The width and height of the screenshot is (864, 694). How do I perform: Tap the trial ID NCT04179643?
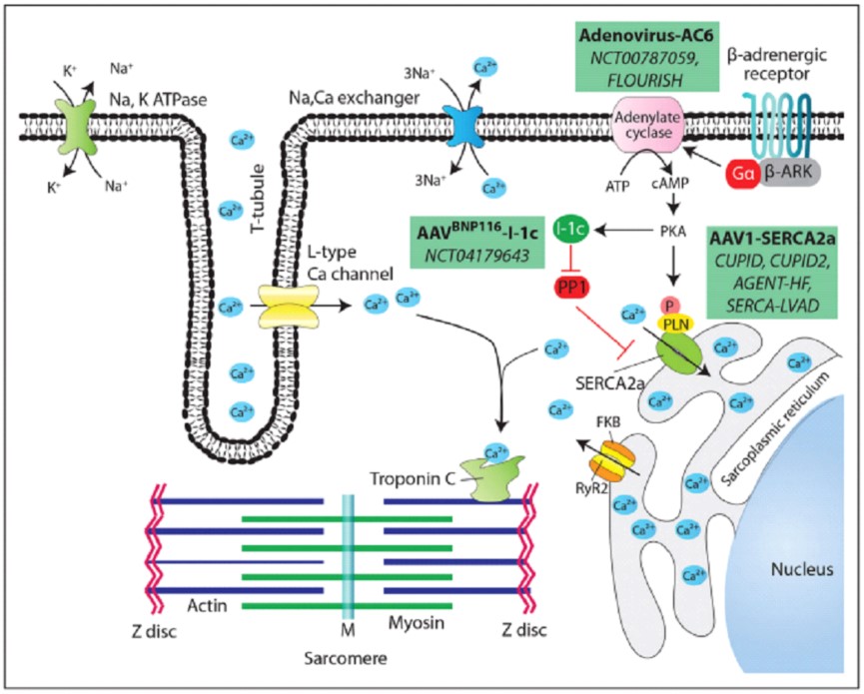click(468, 256)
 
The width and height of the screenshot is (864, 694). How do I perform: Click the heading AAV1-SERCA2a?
click(770, 241)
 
